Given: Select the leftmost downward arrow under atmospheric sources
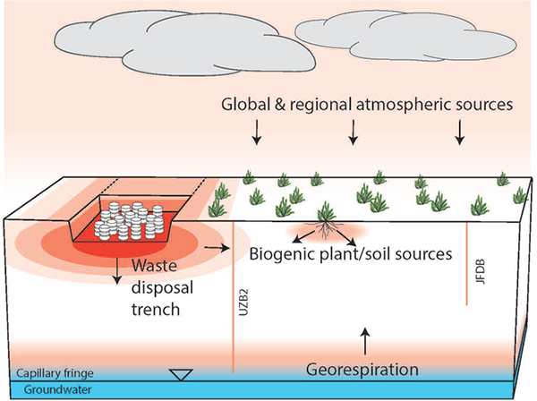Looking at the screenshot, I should pyautogui.click(x=257, y=134).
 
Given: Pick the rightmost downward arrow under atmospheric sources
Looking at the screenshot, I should pyautogui.click(x=461, y=134).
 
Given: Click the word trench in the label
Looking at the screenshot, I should pyautogui.click(x=155, y=310).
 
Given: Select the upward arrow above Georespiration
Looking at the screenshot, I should pyautogui.click(x=363, y=338).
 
